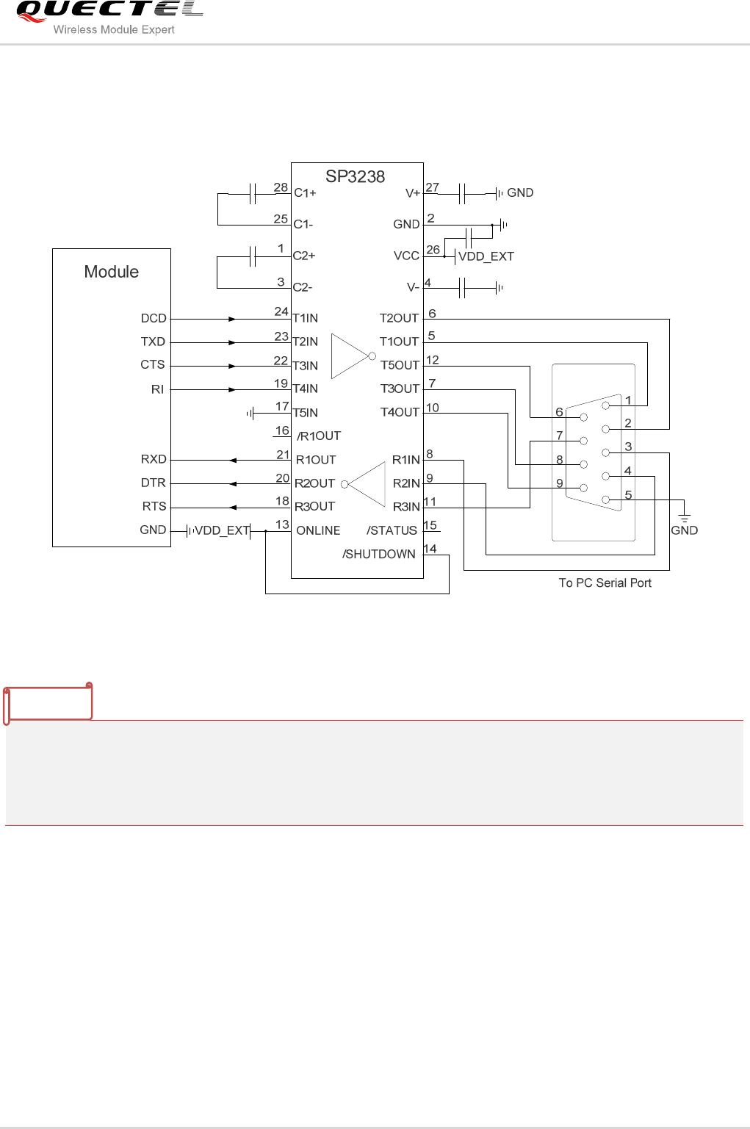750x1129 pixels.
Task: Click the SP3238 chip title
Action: click(355, 177)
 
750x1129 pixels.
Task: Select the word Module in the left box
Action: click(112, 272)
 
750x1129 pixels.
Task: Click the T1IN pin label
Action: click(306, 318)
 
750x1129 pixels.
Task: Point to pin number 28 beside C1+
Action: click(281, 187)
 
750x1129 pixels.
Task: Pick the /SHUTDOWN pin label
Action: click(379, 554)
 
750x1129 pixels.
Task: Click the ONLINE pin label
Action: click(318, 530)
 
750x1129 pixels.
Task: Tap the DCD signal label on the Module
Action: click(154, 318)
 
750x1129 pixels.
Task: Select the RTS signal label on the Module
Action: click(154, 506)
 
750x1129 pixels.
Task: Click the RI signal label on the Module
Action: click(157, 389)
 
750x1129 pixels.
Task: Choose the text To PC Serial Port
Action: click(605, 582)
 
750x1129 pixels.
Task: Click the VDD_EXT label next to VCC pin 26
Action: click(486, 256)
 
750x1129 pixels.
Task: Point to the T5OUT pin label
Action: click(400, 365)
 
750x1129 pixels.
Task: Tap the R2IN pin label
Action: click(406, 483)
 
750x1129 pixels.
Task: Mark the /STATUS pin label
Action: click(392, 530)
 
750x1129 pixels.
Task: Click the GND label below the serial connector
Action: click(684, 530)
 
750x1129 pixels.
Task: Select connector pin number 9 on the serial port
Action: click(560, 483)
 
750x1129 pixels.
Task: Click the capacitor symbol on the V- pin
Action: click(463, 288)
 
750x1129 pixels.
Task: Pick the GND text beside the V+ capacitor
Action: click(520, 192)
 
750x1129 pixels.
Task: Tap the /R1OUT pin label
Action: click(319, 436)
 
